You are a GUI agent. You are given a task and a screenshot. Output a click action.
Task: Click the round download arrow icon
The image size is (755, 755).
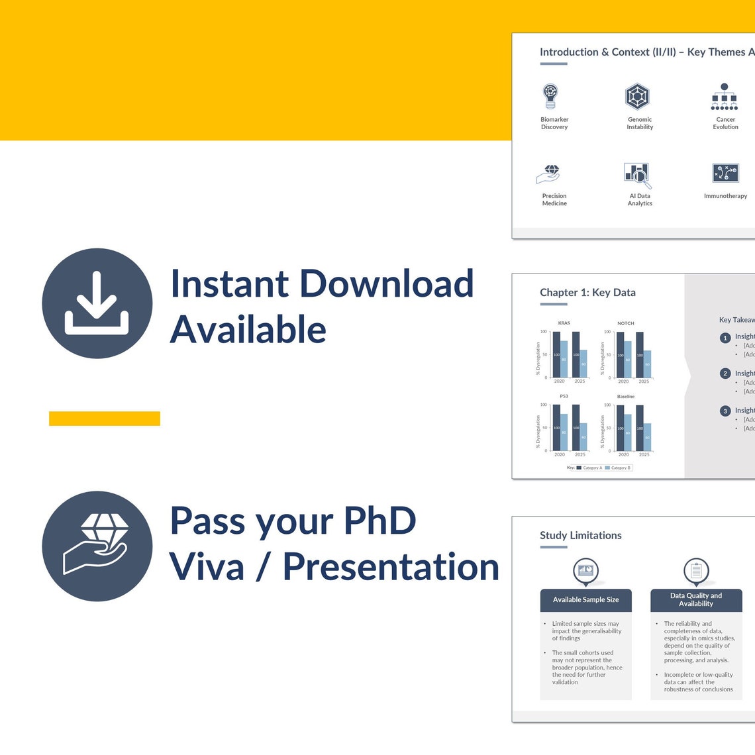[97, 303]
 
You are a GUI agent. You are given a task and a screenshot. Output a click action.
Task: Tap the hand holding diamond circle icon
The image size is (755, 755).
[97, 546]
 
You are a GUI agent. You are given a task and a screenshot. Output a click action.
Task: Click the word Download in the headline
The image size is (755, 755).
[387, 283]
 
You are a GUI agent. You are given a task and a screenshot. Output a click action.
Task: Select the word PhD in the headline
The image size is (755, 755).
[379, 521]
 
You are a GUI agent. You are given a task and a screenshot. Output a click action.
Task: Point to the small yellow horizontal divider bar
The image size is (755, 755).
[105, 419]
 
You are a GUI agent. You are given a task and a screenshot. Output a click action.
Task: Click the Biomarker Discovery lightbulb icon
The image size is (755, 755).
[550, 97]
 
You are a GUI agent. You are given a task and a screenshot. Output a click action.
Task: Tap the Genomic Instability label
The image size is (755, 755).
[640, 123]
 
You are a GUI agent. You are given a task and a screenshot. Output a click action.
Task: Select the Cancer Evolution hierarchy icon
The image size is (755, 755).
[724, 97]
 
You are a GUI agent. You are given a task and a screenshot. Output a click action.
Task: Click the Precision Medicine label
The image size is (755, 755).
[554, 199]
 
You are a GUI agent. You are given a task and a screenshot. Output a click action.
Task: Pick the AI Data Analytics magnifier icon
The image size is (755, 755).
[638, 175]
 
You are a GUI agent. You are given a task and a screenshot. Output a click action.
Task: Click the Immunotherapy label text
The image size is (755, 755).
[725, 196]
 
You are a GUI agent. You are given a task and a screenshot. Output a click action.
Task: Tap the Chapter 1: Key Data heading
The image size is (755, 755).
[587, 292]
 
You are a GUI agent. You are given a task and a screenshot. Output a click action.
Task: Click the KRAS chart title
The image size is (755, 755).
[564, 323]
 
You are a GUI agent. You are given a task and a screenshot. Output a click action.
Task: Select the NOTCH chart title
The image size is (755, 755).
[625, 323]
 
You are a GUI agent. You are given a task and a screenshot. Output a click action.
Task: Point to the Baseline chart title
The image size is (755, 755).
[625, 396]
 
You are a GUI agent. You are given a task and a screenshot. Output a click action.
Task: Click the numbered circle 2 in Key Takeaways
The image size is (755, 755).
[725, 374]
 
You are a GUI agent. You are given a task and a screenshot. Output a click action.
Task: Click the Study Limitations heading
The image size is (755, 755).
[580, 535]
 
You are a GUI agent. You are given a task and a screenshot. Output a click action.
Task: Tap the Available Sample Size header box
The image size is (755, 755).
[585, 599]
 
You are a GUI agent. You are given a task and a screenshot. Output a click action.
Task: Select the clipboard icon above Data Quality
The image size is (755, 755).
[696, 570]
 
